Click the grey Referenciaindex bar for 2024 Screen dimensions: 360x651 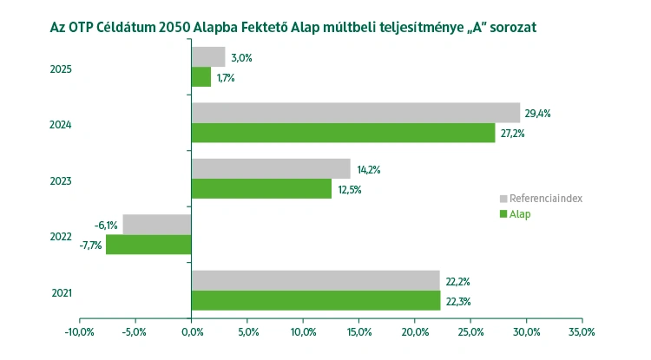click(355, 113)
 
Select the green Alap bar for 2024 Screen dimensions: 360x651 click(343, 134)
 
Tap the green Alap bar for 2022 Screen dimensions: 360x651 click(148, 245)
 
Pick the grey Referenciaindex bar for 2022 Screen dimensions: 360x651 click(157, 224)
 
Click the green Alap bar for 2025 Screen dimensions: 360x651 click(201, 77)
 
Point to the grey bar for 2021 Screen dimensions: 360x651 click(315, 279)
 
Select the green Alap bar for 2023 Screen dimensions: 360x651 click(260, 189)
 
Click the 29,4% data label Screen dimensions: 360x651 click(538, 113)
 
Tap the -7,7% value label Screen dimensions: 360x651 click(90, 245)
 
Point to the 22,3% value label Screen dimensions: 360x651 click(457, 300)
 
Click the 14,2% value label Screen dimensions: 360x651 click(368, 169)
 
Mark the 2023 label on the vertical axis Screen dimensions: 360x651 click(62, 181)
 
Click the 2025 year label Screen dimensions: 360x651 click(62, 69)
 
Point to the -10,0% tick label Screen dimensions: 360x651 click(80, 331)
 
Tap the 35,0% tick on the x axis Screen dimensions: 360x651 click(582, 331)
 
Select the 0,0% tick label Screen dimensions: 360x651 click(192, 331)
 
